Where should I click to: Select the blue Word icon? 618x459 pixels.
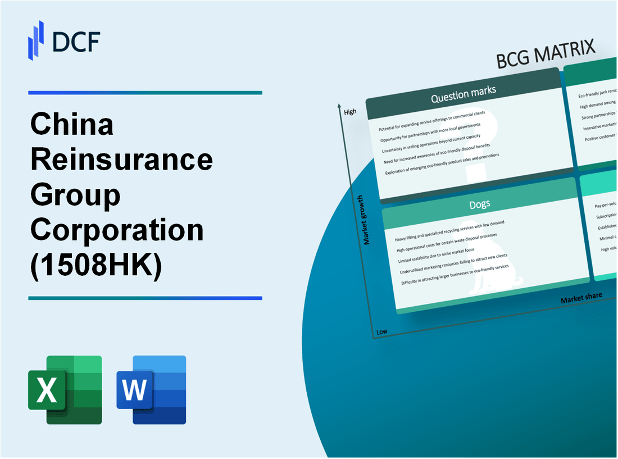pyautogui.click(x=151, y=389)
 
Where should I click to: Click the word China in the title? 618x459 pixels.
pyautogui.click(x=72, y=125)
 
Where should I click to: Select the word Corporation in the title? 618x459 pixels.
pyautogui.click(x=117, y=230)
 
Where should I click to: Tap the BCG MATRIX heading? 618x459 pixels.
pyautogui.click(x=546, y=54)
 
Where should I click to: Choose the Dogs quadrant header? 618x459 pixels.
pyautogui.click(x=479, y=203)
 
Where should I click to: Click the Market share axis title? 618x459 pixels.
pyautogui.click(x=581, y=297)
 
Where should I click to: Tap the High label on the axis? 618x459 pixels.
pyautogui.click(x=350, y=112)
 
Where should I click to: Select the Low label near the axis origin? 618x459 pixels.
pyautogui.click(x=382, y=331)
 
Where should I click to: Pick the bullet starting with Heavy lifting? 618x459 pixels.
pyautogui.click(x=449, y=231)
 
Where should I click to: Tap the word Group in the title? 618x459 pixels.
pyautogui.click(x=75, y=195)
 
